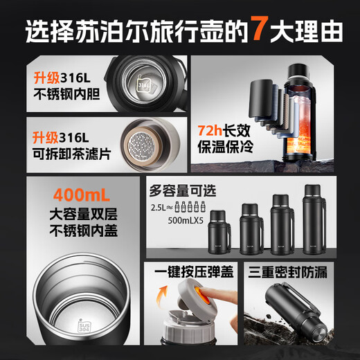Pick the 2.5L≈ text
coord(163,207)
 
